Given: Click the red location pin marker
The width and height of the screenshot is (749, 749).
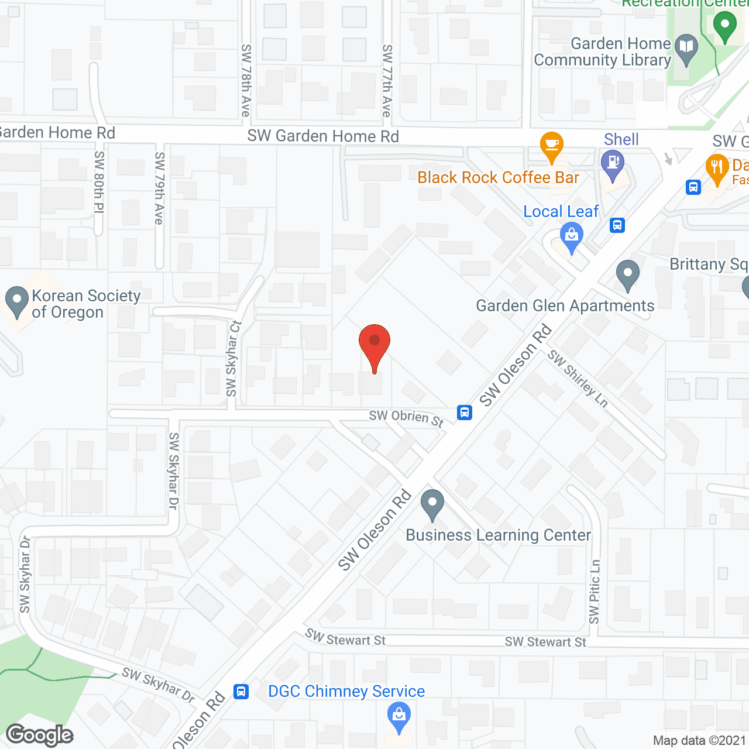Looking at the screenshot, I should pyautogui.click(x=374, y=345).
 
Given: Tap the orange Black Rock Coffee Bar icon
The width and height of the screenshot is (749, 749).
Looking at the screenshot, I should pyautogui.click(x=551, y=146).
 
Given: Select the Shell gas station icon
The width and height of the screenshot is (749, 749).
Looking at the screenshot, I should pyautogui.click(x=613, y=164).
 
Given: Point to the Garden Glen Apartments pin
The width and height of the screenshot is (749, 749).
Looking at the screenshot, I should pyautogui.click(x=628, y=274).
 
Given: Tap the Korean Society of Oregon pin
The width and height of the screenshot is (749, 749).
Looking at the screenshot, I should pyautogui.click(x=17, y=301).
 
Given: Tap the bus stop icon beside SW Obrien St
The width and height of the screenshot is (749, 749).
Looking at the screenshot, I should pyautogui.click(x=465, y=413).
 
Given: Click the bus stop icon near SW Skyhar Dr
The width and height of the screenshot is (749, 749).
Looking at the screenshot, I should pyautogui.click(x=240, y=692).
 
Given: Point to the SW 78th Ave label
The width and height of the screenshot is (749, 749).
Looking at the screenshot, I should pyautogui.click(x=246, y=80).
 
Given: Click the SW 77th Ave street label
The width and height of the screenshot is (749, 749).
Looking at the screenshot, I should pyautogui.click(x=386, y=80).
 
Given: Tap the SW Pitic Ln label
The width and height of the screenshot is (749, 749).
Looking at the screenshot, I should pyautogui.click(x=595, y=592).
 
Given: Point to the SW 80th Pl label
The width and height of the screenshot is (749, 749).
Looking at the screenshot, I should pyautogui.click(x=99, y=181).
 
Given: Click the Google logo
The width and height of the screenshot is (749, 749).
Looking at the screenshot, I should pyautogui.click(x=40, y=735).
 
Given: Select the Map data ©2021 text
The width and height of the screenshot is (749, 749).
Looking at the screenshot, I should pyautogui.click(x=699, y=740).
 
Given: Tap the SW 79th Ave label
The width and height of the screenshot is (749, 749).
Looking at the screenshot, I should pyautogui.click(x=159, y=188).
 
